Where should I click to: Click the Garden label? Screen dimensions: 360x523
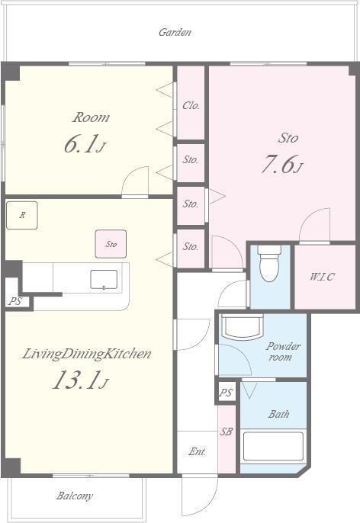(x=175, y=32)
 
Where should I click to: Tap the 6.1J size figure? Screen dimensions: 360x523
(x=85, y=144)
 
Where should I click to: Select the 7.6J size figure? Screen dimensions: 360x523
(x=282, y=165)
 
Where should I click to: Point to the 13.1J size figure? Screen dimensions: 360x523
(x=80, y=380)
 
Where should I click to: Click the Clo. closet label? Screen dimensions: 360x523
(x=191, y=106)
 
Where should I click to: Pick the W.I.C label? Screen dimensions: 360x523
(x=322, y=277)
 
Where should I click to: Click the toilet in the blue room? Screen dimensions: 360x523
(x=269, y=264)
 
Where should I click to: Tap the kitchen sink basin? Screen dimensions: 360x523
(x=104, y=280)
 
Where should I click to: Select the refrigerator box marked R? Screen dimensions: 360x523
(x=21, y=215)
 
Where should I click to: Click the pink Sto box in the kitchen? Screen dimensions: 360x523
(x=111, y=244)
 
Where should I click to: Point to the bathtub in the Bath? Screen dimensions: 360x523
(x=273, y=446)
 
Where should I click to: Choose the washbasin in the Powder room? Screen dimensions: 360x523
(x=243, y=326)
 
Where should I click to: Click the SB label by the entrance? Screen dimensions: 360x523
(x=226, y=432)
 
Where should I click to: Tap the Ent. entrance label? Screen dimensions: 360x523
(x=197, y=451)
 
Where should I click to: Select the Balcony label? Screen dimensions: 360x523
(x=74, y=496)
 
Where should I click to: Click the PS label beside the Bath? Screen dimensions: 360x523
(x=226, y=393)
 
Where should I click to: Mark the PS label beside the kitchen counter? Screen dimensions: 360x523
(x=15, y=302)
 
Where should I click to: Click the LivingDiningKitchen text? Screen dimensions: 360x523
(x=86, y=354)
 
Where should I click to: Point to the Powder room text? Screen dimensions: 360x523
(x=283, y=351)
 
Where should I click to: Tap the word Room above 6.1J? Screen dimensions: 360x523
(x=91, y=117)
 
